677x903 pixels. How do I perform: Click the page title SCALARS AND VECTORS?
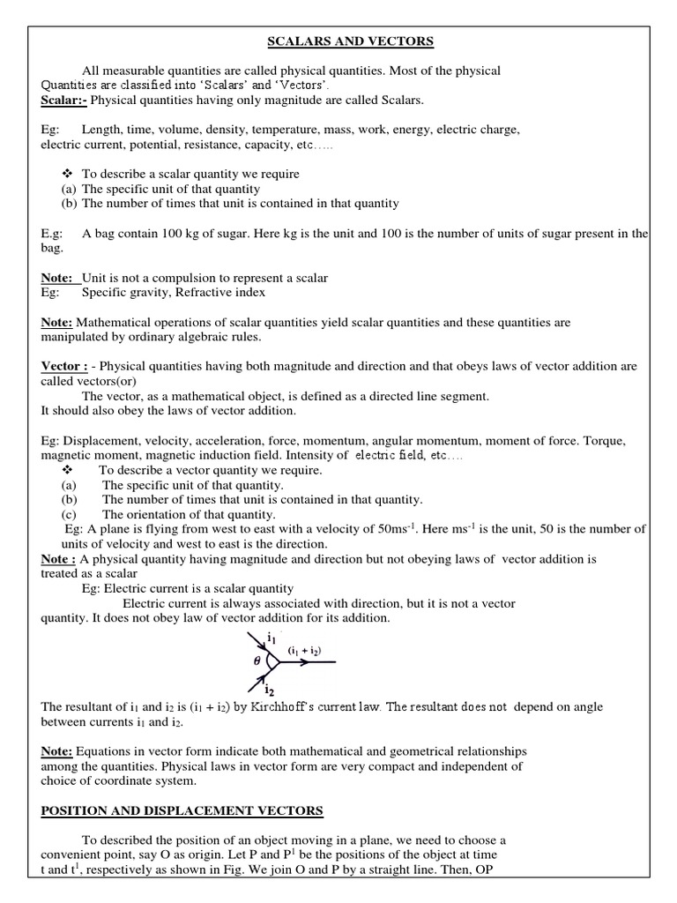click(338, 41)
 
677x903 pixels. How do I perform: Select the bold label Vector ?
click(64, 366)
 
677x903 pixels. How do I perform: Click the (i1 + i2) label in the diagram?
click(304, 651)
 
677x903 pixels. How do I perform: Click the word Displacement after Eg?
click(100, 440)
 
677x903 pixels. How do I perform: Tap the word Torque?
click(627, 440)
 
